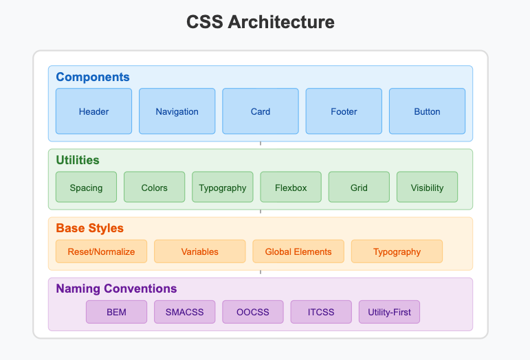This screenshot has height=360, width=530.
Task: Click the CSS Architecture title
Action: pos(261,22)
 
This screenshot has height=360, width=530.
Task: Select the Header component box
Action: pos(93,111)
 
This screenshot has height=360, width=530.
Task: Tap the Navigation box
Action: pos(177,111)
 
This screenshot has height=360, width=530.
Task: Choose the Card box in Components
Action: pos(261,111)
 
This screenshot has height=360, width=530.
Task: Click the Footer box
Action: pos(344,111)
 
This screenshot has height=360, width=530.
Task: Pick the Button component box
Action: pos(427,111)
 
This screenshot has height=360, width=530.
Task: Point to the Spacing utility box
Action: pos(86,188)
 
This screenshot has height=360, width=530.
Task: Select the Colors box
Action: pos(155,188)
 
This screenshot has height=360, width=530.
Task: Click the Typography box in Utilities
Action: pos(223,188)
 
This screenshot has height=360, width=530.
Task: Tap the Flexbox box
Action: pos(291,188)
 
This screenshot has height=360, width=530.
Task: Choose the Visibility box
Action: pos(427,188)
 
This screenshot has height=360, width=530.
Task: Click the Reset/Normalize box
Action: pos(101,251)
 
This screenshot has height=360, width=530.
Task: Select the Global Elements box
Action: pos(298,251)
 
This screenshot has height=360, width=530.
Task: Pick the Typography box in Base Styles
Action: pos(397,251)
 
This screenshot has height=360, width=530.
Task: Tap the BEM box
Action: pos(116,312)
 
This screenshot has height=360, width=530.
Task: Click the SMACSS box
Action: pos(184,312)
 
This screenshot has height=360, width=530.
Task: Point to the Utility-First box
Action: pos(389,312)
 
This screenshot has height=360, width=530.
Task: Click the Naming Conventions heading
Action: pos(116,289)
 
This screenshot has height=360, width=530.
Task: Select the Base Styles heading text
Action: pos(89,228)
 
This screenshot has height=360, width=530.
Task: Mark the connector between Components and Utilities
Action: pos(261,145)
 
